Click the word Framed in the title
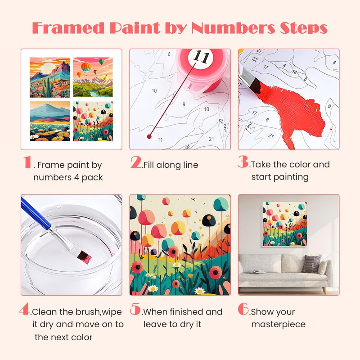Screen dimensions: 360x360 68,28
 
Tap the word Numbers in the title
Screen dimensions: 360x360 233,28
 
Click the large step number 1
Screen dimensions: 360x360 27,162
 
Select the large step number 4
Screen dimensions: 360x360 25,309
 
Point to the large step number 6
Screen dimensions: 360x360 243,309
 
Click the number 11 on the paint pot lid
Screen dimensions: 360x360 201,57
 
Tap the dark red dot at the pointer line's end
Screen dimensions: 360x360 149,137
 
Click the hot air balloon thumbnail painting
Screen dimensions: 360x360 93,77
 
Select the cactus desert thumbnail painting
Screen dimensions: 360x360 50,77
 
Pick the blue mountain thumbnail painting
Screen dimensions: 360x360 50,121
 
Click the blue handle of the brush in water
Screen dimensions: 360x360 36,213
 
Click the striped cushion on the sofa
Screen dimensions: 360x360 311,264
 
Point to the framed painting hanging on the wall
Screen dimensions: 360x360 285,224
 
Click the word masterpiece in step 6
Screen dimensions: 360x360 278,324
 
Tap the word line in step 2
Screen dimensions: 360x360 190,165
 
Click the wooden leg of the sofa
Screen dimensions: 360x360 324,290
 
